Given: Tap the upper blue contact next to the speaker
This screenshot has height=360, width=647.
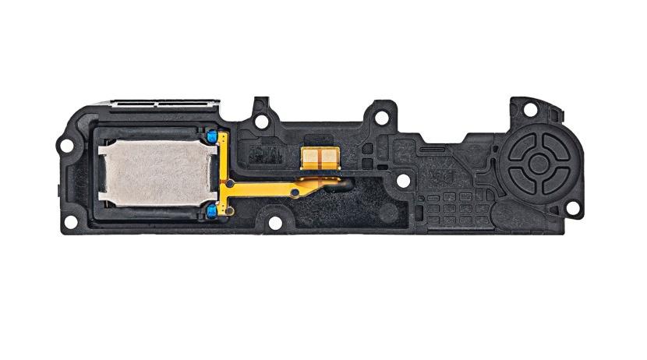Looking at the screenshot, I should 211,137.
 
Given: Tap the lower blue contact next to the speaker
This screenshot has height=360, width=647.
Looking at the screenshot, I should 211,210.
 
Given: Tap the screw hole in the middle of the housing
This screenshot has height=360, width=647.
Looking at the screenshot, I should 402,181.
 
